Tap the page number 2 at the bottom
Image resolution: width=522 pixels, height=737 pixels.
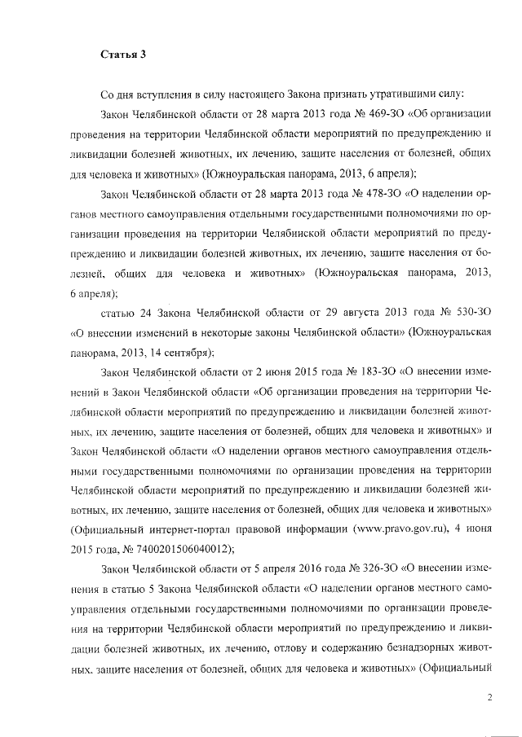click(x=490, y=696)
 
